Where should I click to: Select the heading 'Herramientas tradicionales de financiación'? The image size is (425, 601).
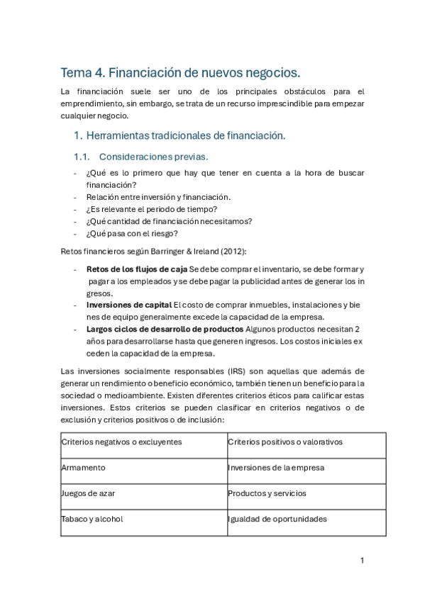click(x=184, y=135)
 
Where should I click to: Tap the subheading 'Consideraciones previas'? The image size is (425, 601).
click(x=154, y=156)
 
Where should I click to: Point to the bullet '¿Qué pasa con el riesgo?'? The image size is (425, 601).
click(x=132, y=233)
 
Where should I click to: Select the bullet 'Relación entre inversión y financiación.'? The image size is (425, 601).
click(x=158, y=196)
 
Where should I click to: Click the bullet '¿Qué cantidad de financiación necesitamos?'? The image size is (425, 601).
click(x=169, y=220)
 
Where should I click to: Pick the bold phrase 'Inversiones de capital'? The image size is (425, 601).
click(x=129, y=305)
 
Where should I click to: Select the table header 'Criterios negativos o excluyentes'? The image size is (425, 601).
click(x=121, y=442)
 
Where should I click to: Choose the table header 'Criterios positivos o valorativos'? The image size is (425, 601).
click(x=285, y=442)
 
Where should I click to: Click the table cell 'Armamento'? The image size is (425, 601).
click(x=84, y=468)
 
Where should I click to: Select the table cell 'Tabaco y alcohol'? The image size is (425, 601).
click(x=92, y=519)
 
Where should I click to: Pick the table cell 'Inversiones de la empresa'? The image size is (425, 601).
click(x=276, y=468)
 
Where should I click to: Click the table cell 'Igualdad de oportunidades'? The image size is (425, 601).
click(x=277, y=519)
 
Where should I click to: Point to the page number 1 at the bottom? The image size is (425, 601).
click(x=362, y=560)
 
